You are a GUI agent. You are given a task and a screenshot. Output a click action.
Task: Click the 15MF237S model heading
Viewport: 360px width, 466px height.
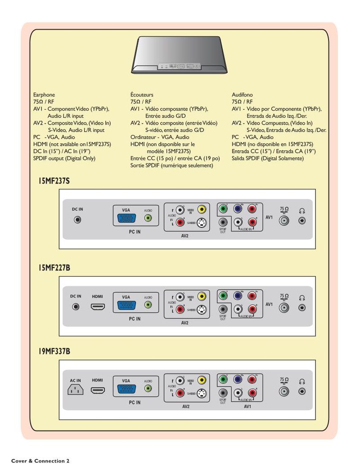[54, 181]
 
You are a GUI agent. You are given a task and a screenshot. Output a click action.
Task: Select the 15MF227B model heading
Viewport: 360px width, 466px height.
[54, 268]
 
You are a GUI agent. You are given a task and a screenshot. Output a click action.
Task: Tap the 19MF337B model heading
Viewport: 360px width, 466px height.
[54, 351]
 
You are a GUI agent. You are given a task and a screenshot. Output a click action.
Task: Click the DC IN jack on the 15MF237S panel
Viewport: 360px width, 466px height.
[77, 220]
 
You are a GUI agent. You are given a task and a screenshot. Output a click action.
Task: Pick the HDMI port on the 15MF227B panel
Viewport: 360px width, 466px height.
[98, 307]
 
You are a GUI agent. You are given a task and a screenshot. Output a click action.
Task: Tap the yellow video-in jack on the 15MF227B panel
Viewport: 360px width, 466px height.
[202, 296]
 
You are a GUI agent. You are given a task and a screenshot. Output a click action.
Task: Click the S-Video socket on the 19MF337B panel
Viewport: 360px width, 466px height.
[202, 393]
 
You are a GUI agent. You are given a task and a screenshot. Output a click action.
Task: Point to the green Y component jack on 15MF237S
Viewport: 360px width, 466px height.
[223, 209]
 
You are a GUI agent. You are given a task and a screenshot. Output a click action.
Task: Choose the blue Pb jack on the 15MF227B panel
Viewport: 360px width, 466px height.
[238, 296]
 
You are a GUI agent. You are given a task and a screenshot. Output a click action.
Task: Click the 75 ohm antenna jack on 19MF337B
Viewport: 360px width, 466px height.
[283, 391]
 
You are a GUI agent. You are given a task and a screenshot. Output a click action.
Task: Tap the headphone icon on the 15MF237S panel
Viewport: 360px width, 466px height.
[302, 210]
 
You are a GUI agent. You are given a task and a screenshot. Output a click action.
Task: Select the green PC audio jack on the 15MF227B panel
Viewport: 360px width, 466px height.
[148, 305]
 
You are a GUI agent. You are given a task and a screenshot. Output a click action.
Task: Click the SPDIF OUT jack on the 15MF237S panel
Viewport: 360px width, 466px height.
[223, 222]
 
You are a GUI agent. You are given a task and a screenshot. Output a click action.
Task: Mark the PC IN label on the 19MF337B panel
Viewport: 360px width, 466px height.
[135, 403]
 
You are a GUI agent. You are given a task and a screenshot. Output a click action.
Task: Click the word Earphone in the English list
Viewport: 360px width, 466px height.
[44, 95]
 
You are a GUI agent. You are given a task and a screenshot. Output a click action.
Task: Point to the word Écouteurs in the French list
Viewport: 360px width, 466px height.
[142, 95]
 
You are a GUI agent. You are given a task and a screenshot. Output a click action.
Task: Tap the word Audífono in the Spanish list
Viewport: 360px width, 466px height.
[242, 95]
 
